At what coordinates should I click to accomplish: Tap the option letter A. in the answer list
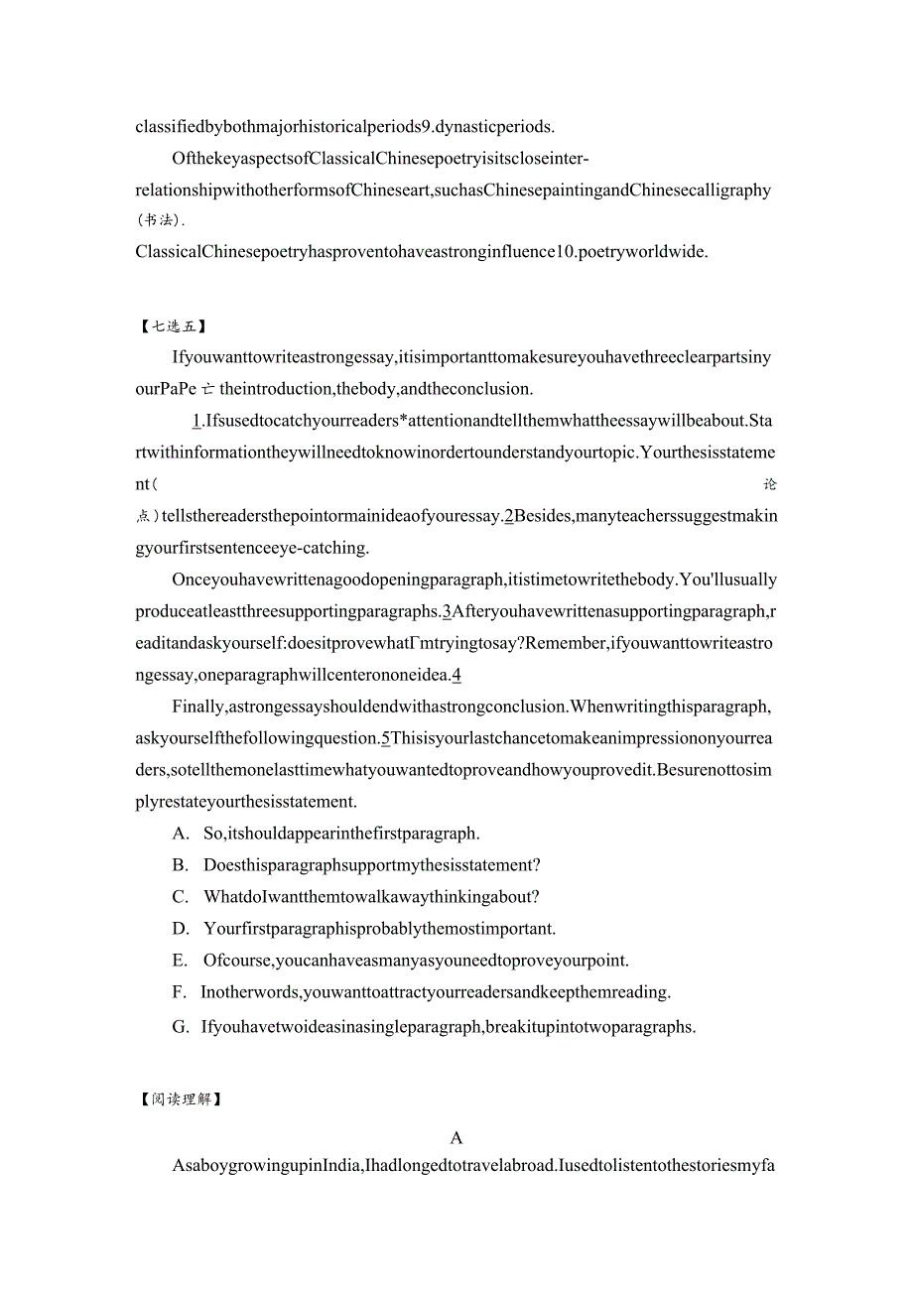[x=181, y=834]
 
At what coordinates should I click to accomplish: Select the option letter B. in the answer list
[x=181, y=865]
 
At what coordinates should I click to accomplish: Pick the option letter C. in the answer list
[x=181, y=897]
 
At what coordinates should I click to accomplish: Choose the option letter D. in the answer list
[x=181, y=929]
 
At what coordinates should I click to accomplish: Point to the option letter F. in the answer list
[x=179, y=991]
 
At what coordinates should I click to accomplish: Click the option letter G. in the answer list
[x=181, y=1027]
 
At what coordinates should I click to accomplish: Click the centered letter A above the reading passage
[x=456, y=1138]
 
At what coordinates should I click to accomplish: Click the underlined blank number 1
[x=197, y=421]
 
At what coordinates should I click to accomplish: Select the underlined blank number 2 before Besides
[x=509, y=516]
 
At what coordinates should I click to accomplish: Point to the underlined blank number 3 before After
[x=448, y=611]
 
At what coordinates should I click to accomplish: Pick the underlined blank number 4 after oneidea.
[x=456, y=676]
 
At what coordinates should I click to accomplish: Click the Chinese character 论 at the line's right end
[x=770, y=485]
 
